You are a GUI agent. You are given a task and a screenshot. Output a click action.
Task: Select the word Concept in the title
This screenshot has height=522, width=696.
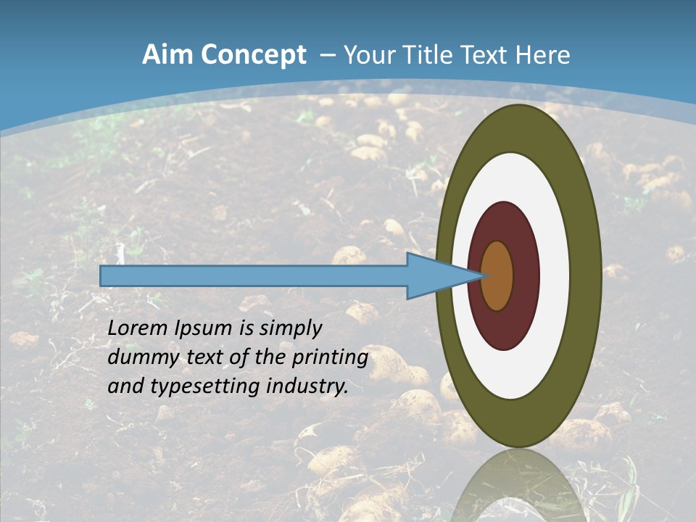(254, 55)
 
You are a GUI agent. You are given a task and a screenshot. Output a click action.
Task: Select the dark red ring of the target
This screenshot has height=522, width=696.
(526, 275)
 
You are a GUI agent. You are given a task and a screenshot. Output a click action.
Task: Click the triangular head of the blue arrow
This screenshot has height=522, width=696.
(435, 275)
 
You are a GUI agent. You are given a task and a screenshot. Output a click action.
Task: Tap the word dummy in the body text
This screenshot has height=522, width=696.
(138, 357)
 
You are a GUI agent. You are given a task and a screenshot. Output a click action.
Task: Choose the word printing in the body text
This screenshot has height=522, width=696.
(331, 357)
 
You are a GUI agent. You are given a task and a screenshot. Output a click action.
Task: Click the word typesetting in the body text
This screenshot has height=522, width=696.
(205, 386)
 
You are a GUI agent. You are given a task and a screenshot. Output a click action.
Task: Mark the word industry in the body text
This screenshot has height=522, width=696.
(307, 386)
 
